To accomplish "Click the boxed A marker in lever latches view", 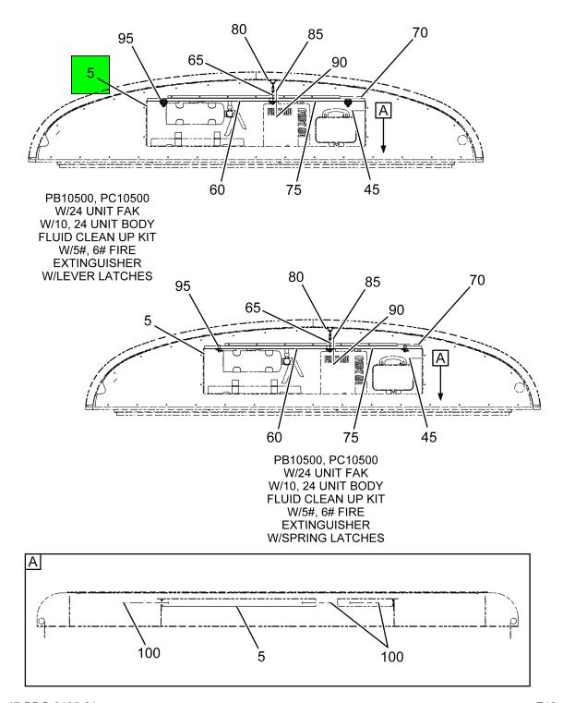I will click(x=384, y=110).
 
